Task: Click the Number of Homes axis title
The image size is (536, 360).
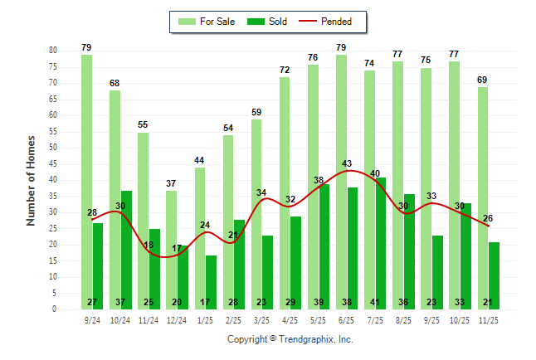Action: [x=32, y=179]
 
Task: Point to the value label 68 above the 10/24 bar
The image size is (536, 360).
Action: [x=115, y=83]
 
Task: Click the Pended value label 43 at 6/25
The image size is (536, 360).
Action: [x=347, y=163]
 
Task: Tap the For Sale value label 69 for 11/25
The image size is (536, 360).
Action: [x=483, y=80]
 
